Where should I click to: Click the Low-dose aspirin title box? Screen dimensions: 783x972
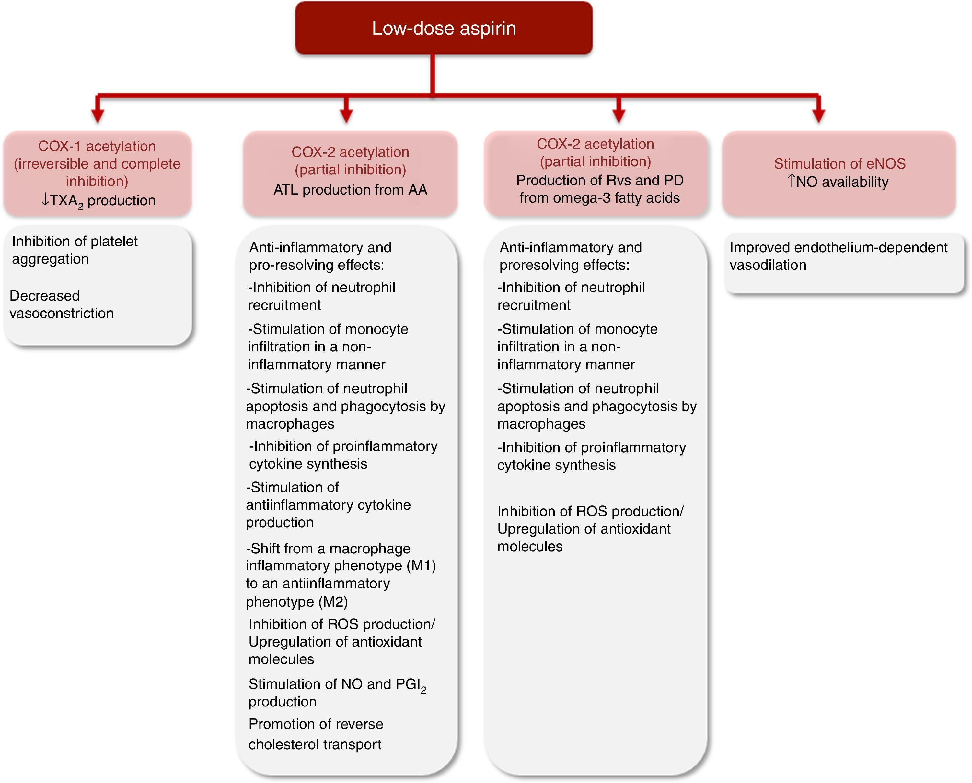[444, 28]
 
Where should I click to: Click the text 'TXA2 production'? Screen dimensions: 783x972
[103, 200]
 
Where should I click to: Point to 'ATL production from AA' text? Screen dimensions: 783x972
[350, 190]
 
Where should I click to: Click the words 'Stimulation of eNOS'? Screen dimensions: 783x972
[839, 163]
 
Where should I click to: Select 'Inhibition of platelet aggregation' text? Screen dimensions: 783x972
[75, 250]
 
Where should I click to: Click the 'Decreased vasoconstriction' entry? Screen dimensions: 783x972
[61, 304]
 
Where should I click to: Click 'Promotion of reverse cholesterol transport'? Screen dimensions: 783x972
[316, 734]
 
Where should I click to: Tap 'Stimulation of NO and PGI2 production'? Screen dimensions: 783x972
[336, 692]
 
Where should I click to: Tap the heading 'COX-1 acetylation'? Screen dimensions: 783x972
[97, 146]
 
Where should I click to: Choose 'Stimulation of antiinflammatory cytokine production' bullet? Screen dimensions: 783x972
[328, 505]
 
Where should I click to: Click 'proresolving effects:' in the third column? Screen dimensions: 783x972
[564, 265]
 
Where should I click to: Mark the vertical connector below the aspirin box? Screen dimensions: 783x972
[432, 75]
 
